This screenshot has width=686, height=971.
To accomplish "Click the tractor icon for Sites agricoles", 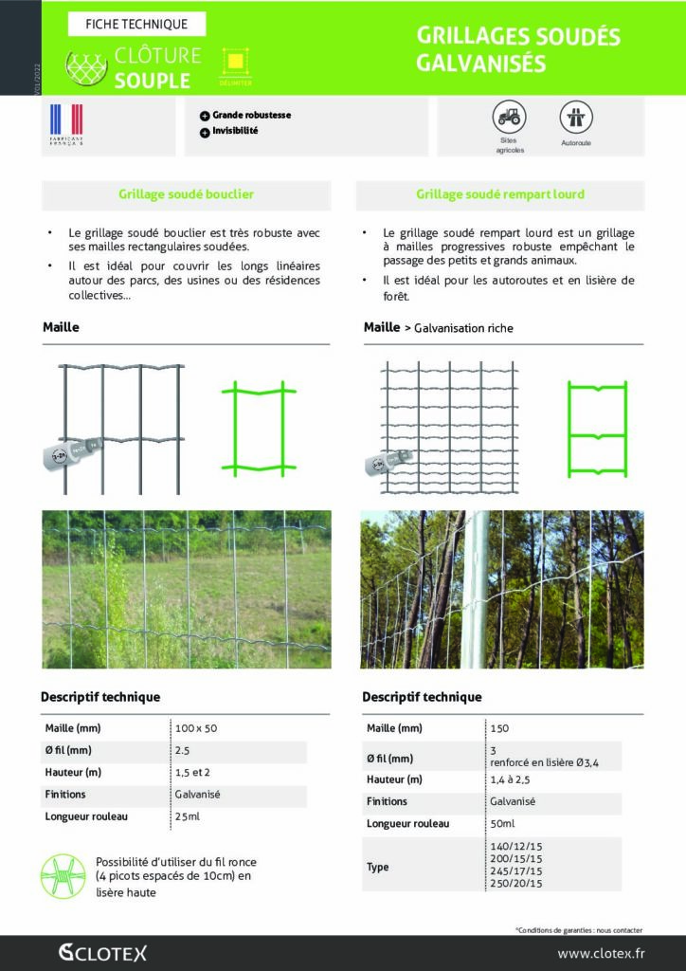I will click(x=509, y=117).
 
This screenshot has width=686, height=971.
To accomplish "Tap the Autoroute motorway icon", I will click(x=575, y=118).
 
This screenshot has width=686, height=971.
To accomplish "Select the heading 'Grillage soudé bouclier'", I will click(x=186, y=194).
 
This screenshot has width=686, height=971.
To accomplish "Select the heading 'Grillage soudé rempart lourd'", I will click(x=499, y=194).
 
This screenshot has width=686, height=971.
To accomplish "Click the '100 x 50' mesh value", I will click(x=196, y=728).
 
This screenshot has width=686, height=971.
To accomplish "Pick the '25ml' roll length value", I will click(x=188, y=816).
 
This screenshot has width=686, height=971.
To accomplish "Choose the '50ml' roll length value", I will click(x=502, y=823).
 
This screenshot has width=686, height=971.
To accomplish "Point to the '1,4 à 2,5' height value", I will click(x=513, y=779).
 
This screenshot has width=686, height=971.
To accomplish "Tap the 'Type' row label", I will click(x=377, y=867).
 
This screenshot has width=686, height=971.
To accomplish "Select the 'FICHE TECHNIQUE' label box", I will click(x=136, y=24).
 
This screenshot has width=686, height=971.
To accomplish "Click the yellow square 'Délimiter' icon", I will click(x=236, y=63).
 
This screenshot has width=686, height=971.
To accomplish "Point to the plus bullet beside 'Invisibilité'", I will click(x=205, y=133).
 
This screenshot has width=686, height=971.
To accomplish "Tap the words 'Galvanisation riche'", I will click(x=463, y=328).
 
